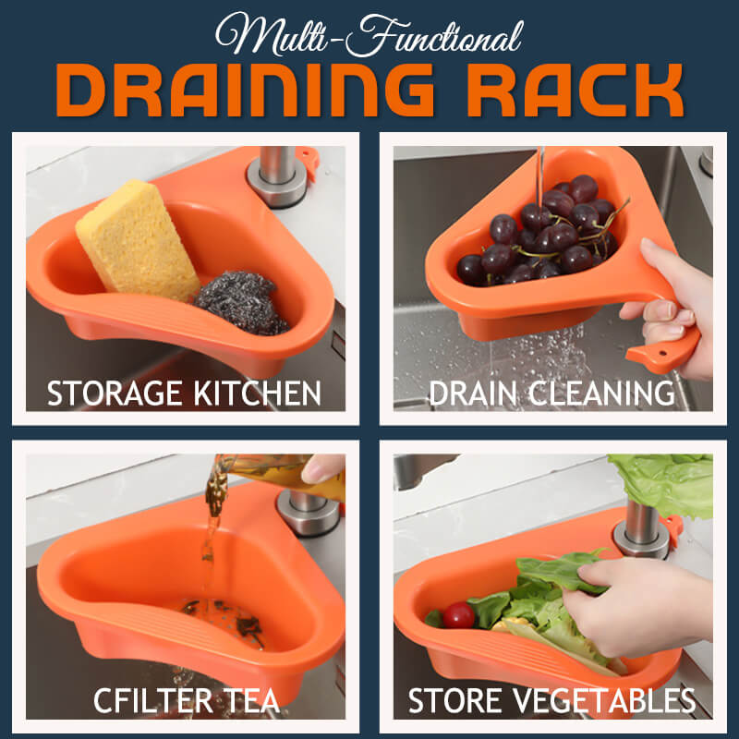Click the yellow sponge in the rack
[138, 241]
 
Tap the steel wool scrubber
[240, 302]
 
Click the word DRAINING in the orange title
[245, 90]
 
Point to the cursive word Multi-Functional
[369, 35]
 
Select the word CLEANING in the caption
[601, 394]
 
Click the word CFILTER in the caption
[152, 700]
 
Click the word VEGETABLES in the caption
[605, 700]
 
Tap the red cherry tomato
[458, 615]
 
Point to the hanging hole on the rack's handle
[662, 353]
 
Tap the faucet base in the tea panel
[308, 513]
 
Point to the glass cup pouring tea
[278, 476]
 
